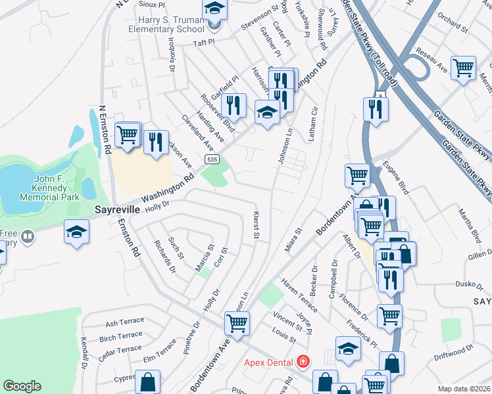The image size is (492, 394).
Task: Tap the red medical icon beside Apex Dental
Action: pyautogui.click(x=303, y=362)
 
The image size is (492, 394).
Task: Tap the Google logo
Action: pyautogui.click(x=22, y=386)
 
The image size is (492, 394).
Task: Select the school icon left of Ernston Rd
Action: pyautogui.click(x=76, y=231)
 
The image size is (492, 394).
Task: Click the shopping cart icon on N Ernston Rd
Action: pyautogui.click(x=127, y=135)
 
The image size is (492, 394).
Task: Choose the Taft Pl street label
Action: pyautogui.click(x=204, y=42)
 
